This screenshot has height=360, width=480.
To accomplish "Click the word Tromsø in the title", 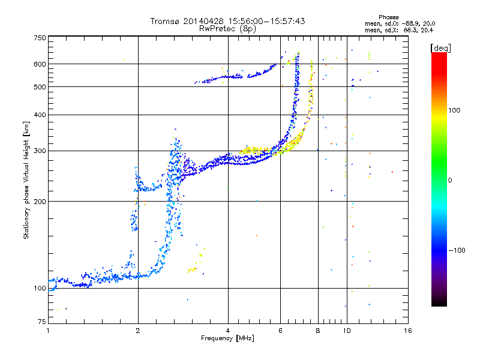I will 165,21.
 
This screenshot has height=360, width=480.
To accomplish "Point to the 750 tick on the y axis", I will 40,38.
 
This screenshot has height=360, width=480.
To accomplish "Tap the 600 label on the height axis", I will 40,64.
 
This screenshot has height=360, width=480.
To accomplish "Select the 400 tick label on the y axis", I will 40,115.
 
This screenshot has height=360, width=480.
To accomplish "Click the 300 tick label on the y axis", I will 40,151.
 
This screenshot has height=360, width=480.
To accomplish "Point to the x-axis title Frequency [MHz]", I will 228,338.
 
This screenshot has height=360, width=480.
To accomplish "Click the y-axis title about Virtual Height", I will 26,180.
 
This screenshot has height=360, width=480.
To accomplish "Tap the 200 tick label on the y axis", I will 40,201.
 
